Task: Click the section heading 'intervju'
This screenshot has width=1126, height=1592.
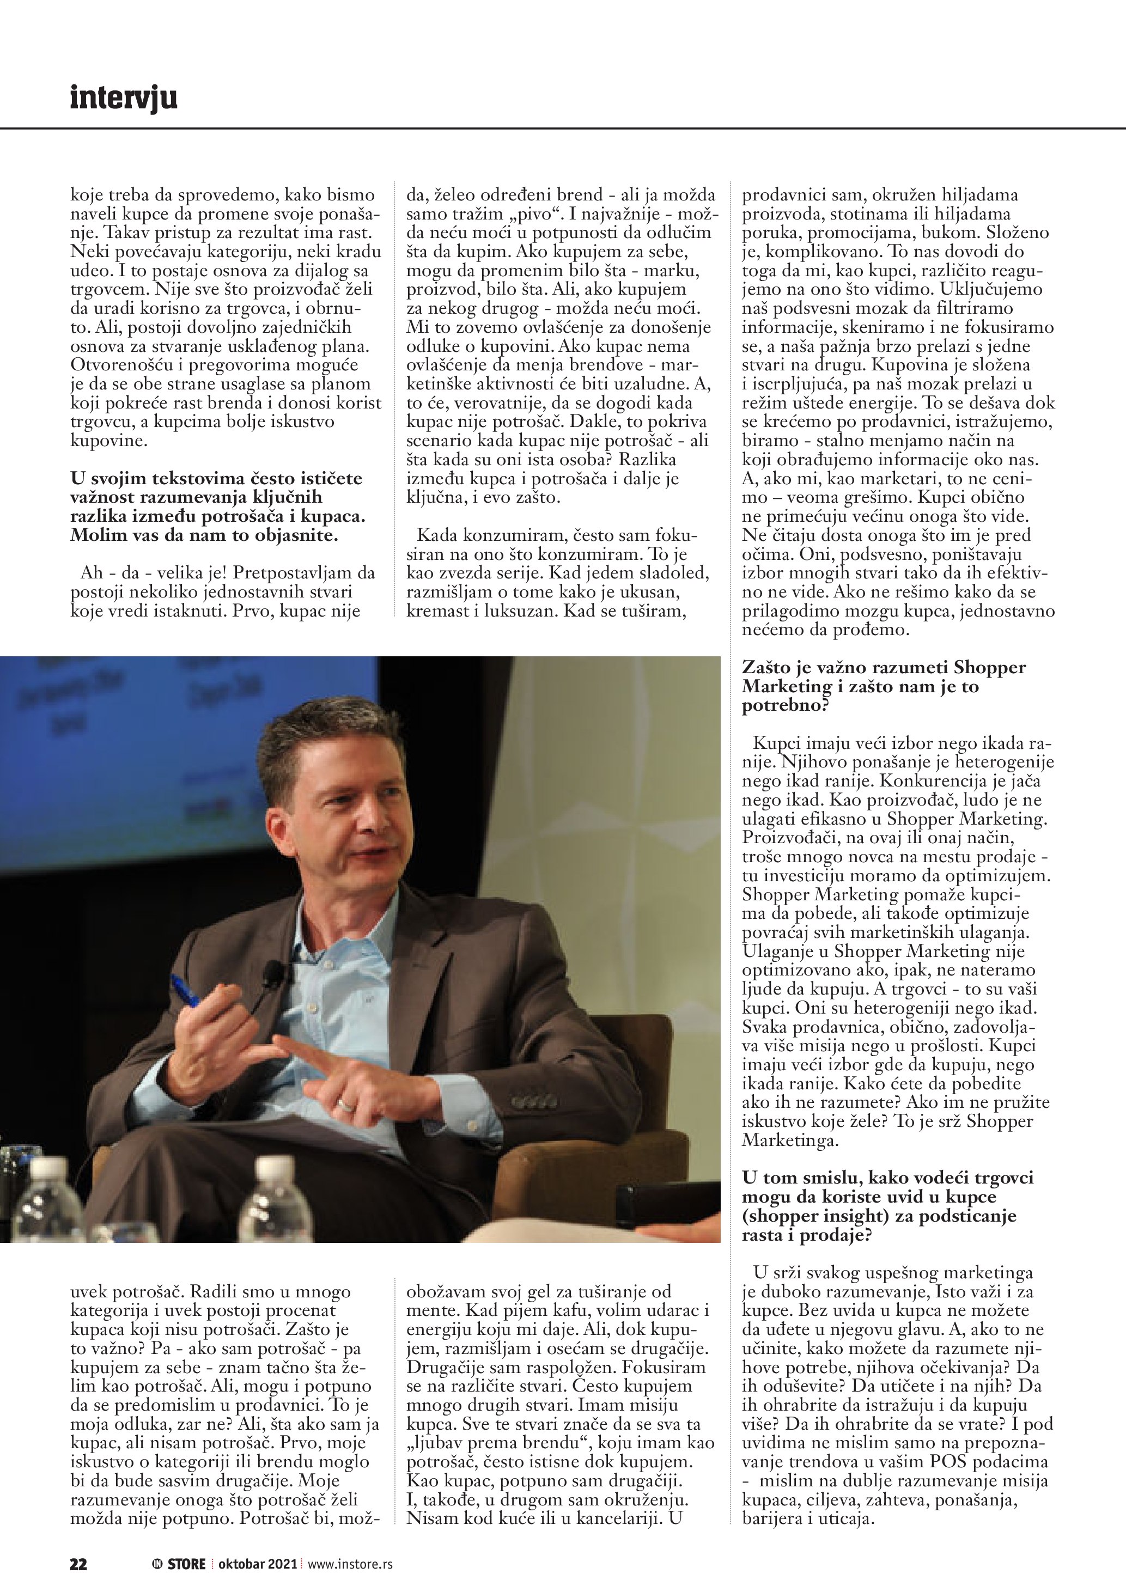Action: point(124,98)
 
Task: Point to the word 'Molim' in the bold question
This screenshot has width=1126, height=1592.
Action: point(96,535)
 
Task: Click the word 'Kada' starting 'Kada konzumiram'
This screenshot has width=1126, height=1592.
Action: point(436,535)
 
